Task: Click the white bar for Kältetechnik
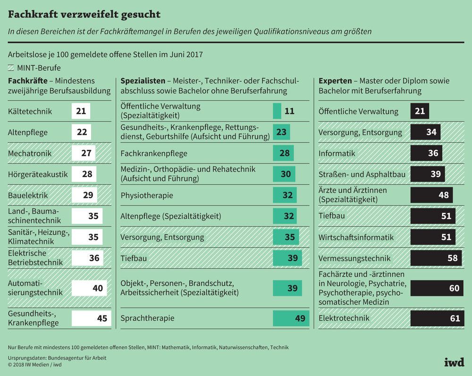point(81,111)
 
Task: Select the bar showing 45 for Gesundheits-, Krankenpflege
point(91,318)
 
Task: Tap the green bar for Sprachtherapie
point(291,318)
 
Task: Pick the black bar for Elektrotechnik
point(437,318)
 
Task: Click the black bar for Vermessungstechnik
point(436,258)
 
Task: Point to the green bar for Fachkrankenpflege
point(283,153)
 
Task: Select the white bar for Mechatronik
point(84,153)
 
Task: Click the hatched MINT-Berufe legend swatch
point(11,68)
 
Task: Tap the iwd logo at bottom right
point(454,362)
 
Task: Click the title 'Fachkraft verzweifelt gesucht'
point(84,14)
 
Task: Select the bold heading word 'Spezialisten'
point(143,81)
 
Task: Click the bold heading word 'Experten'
point(335,81)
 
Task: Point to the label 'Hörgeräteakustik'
point(38,174)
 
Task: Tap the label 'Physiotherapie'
point(147,195)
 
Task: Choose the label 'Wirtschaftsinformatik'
point(356,237)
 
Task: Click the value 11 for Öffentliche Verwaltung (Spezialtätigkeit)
point(289,111)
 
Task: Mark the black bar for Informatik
point(426,153)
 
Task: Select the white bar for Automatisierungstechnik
point(89,288)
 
